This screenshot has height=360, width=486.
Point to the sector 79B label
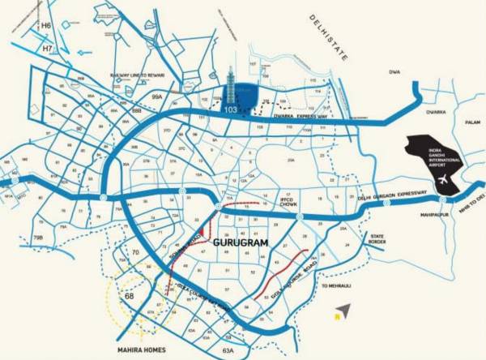tap(38, 237)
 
